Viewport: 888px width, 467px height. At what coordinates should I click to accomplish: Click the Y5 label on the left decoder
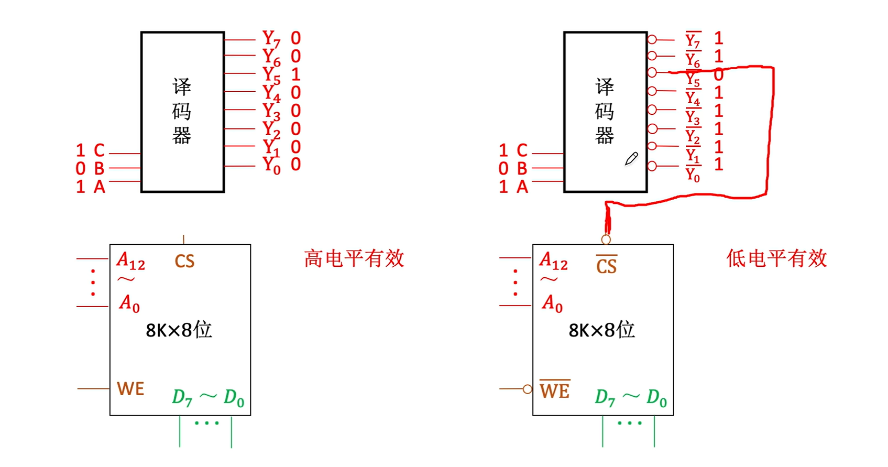271,75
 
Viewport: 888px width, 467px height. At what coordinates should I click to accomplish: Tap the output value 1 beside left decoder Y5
295,74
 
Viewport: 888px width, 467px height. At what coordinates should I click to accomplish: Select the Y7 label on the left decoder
271,39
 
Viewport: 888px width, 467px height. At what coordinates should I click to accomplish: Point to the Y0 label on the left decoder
271,165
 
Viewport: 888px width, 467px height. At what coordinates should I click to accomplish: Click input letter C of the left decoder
99,150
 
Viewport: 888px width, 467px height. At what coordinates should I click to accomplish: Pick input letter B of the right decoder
522,168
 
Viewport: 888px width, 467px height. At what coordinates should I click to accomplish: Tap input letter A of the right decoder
522,187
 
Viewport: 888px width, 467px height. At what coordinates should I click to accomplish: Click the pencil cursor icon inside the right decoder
631,159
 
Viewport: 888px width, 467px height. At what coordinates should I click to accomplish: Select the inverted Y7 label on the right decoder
693,40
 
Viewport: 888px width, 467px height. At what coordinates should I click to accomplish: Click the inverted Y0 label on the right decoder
693,175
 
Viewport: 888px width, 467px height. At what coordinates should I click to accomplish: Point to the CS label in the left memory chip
184,261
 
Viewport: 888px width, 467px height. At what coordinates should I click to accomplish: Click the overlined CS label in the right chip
607,265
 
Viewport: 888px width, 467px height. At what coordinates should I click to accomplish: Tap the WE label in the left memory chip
130,389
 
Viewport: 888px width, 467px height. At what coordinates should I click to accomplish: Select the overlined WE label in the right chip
554,390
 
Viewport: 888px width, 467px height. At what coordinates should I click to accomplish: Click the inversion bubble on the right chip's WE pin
528,389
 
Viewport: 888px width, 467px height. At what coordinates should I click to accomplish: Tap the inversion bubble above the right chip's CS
606,240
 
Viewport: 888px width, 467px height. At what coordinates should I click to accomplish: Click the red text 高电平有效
354,258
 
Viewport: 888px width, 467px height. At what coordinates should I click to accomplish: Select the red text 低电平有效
776,258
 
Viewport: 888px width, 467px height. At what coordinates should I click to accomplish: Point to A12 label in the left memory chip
130,261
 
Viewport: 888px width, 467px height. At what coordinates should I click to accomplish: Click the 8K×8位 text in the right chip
601,330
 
